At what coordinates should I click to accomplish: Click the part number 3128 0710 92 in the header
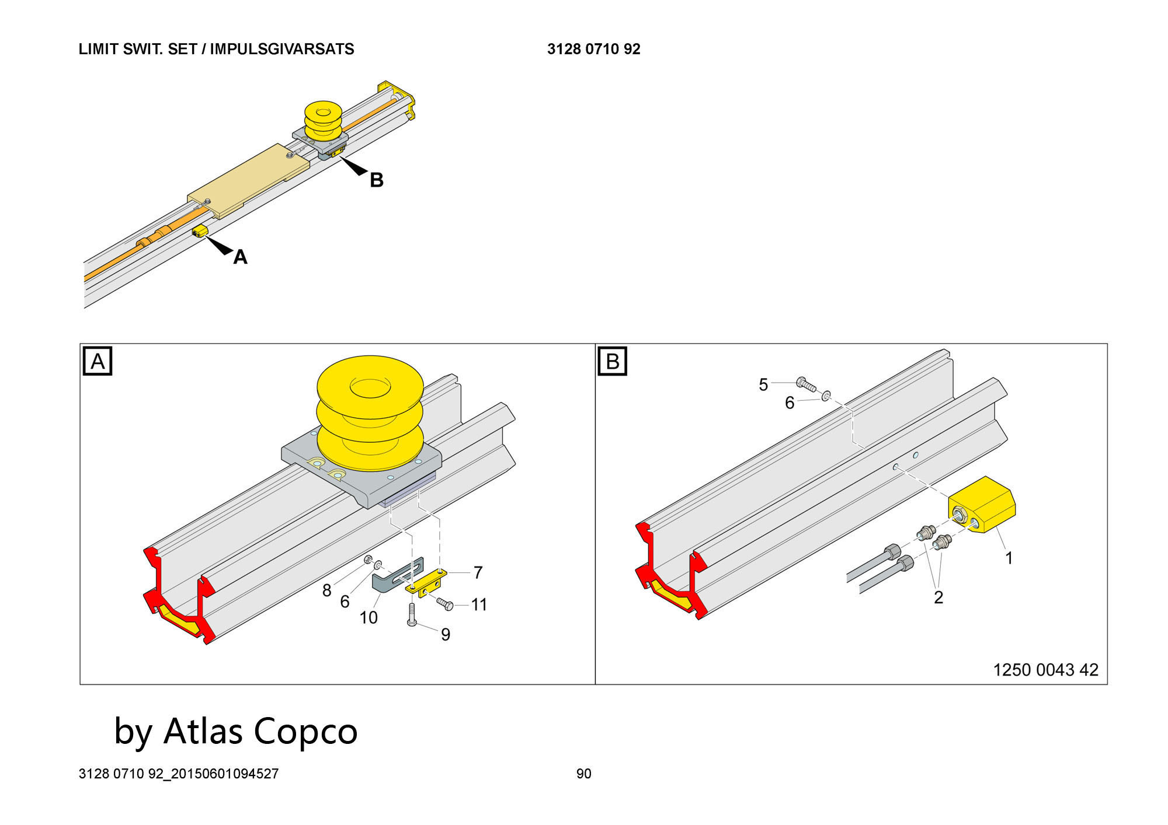[593, 49]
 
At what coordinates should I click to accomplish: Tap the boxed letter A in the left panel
[98, 361]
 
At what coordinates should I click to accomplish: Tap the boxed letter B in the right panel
[612, 361]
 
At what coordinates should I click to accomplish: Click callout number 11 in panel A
[479, 604]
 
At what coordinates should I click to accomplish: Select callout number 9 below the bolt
[446, 635]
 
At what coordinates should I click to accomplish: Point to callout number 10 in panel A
[369, 617]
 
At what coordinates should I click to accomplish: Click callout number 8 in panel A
[326, 590]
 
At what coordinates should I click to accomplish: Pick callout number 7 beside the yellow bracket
[478, 573]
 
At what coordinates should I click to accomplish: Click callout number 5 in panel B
[763, 384]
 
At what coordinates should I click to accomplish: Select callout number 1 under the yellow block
[1009, 558]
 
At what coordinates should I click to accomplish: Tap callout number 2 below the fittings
[938, 597]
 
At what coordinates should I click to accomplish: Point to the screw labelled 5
[806, 383]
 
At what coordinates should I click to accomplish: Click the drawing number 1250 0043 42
[1045, 670]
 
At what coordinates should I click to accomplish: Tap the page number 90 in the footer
[583, 774]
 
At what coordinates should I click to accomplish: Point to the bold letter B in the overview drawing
[377, 180]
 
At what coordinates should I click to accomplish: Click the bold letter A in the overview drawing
[240, 257]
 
